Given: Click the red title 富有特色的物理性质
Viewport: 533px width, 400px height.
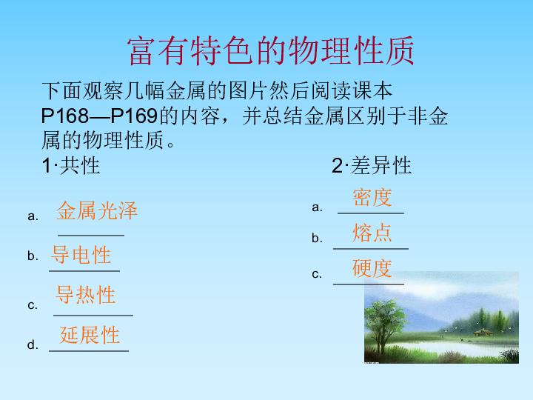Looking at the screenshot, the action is click(271, 51).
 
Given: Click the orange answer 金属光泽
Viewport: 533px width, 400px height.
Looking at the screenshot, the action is click(97, 210).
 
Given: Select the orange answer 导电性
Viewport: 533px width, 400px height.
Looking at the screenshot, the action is click(81, 254).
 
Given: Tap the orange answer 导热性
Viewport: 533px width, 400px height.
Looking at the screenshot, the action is click(85, 295).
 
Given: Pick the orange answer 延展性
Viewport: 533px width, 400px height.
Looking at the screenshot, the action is click(90, 335).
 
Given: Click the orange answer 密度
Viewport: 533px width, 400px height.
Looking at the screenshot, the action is click(372, 197).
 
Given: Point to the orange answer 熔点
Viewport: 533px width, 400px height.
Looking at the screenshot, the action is click(372, 233).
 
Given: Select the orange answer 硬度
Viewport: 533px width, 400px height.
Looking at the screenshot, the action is click(372, 268).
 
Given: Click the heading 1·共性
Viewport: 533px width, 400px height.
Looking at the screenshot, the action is click(71, 166).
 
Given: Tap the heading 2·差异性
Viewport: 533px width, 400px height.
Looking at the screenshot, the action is click(372, 166).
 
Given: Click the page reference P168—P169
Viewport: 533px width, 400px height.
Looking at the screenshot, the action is click(99, 116).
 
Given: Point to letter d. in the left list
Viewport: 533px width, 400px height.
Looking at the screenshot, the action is click(33, 345).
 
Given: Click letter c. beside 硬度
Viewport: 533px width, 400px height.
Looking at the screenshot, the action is click(317, 274).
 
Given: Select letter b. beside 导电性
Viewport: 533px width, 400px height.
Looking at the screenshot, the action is click(33, 256).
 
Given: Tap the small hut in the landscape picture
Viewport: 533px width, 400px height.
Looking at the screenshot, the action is click(483, 333).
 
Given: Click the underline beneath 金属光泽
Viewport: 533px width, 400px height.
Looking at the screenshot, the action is click(91, 235).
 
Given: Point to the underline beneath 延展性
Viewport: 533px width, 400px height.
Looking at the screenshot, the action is click(89, 350).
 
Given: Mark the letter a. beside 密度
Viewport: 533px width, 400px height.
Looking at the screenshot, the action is click(317, 207).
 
